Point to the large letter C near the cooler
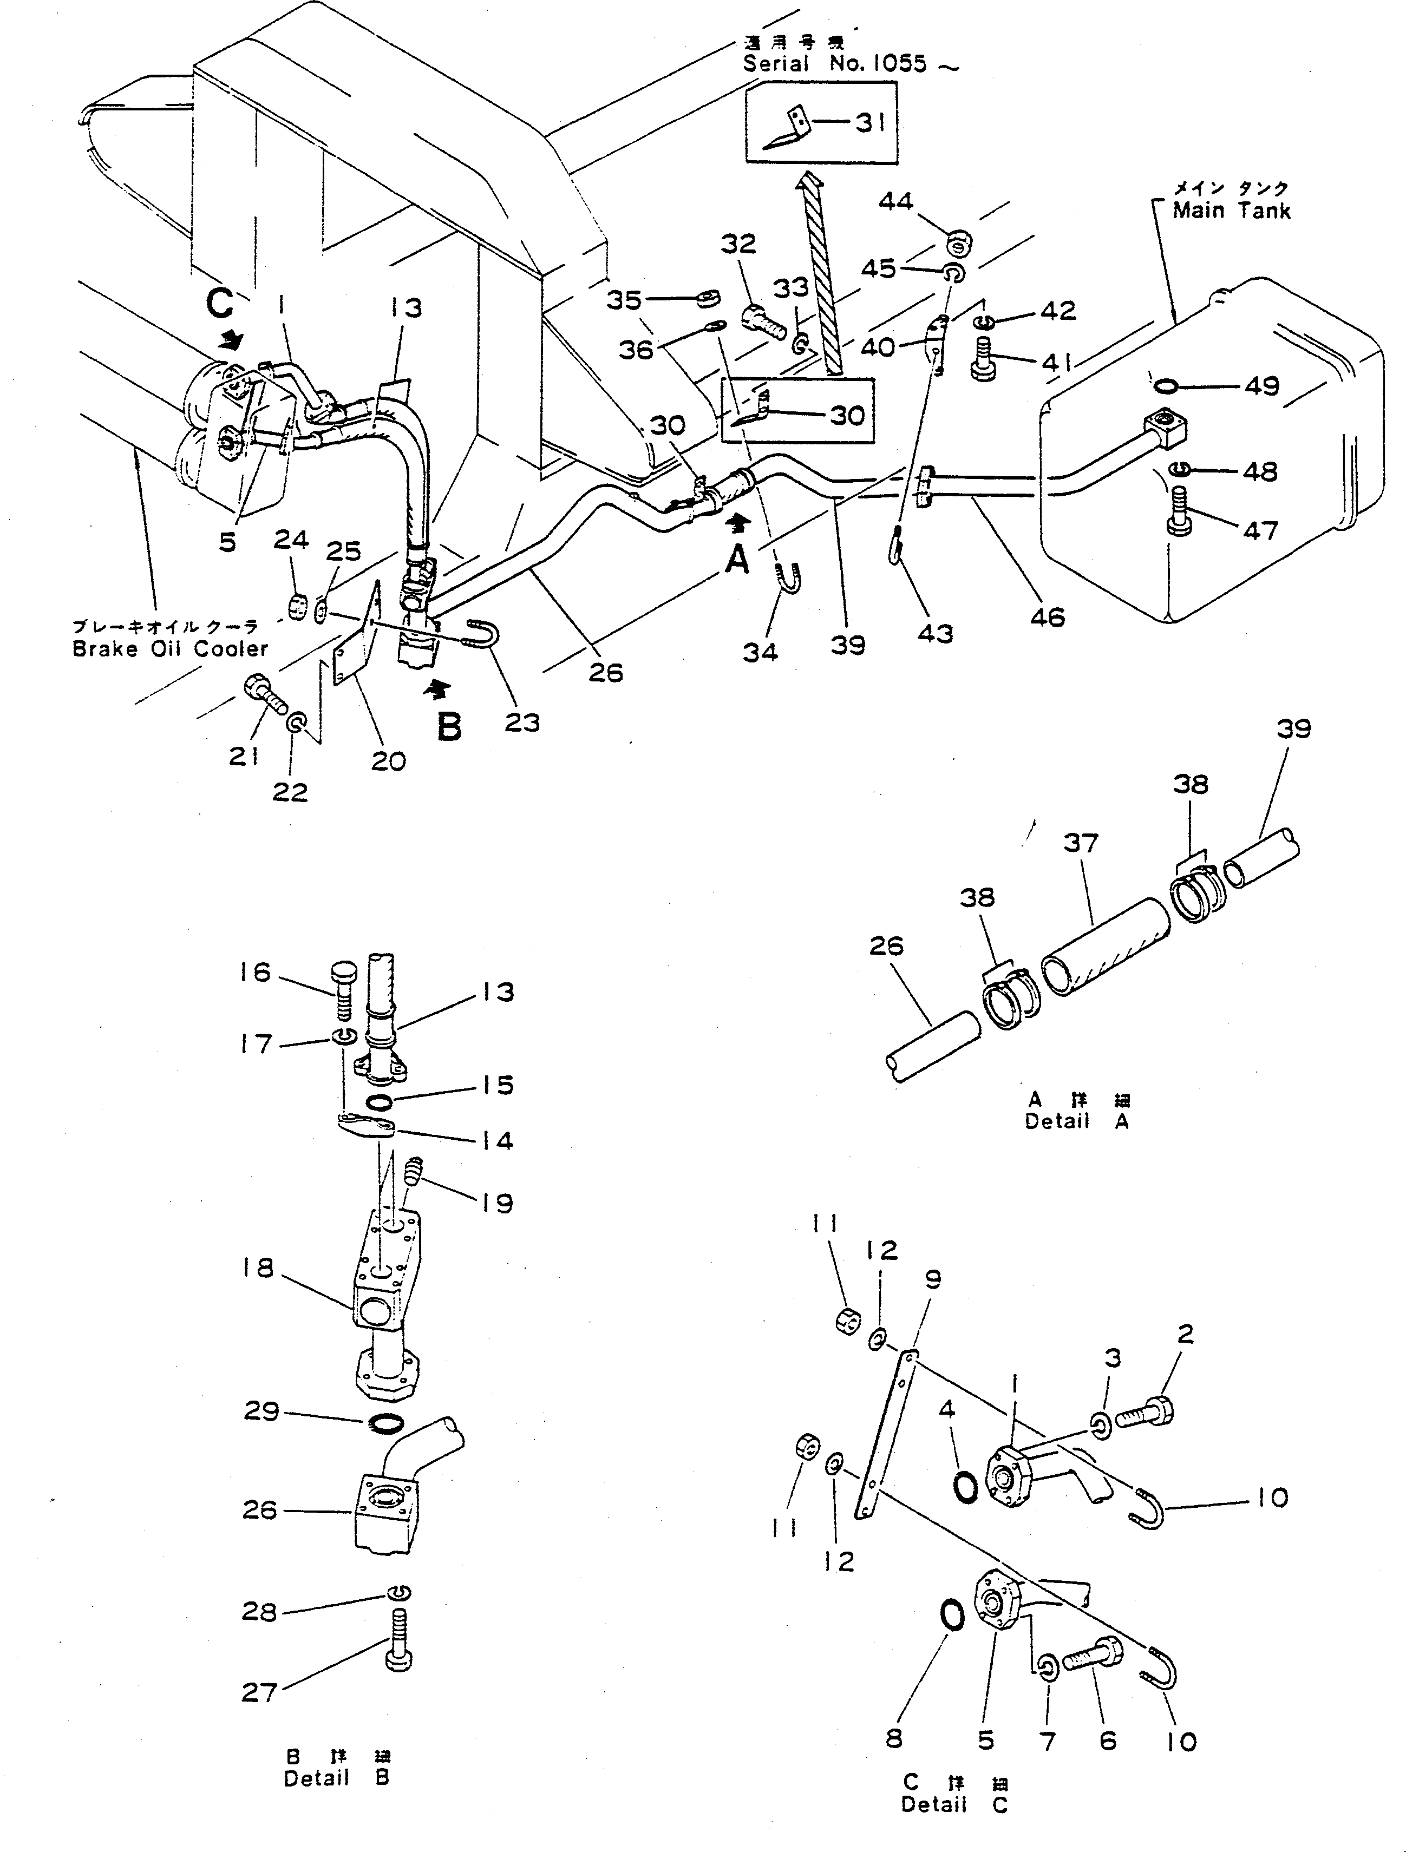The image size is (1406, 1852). coord(219,305)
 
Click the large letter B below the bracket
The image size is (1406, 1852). coord(450,727)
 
